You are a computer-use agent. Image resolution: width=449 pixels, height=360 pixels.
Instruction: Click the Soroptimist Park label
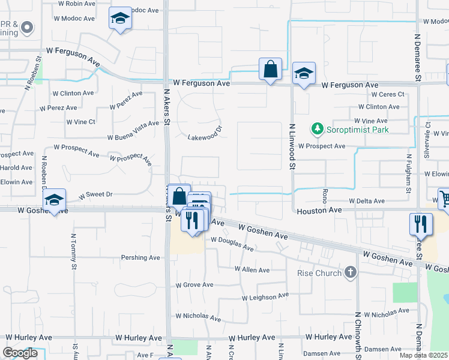point(357,129)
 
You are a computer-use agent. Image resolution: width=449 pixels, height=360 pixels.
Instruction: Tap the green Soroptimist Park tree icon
point(316,128)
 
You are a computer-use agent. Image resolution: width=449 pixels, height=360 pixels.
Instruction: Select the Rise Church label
point(319,273)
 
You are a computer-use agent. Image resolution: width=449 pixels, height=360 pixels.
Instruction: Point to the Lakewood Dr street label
point(205,132)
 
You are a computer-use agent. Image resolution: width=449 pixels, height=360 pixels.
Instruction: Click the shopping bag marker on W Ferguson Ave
point(271,69)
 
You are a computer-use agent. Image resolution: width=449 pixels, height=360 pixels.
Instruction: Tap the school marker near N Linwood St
point(304,74)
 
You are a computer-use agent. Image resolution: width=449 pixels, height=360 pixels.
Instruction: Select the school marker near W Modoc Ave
point(120,19)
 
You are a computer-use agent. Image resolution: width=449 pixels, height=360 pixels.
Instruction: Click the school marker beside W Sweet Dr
point(54,200)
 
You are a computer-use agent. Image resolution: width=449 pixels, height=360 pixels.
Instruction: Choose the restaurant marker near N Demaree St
point(421,224)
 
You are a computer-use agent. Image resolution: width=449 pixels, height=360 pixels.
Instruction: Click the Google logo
point(20,353)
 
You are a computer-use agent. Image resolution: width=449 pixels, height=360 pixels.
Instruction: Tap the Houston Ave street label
point(319,211)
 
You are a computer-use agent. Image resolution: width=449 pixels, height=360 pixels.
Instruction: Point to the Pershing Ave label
point(140,257)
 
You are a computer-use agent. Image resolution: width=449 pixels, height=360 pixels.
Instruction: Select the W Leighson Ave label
point(265,297)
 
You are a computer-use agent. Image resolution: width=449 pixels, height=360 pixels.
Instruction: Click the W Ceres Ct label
point(388,94)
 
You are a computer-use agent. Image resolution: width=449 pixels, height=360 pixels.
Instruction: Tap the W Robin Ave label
point(77,3)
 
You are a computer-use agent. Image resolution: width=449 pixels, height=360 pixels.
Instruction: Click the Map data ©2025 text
point(424,355)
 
